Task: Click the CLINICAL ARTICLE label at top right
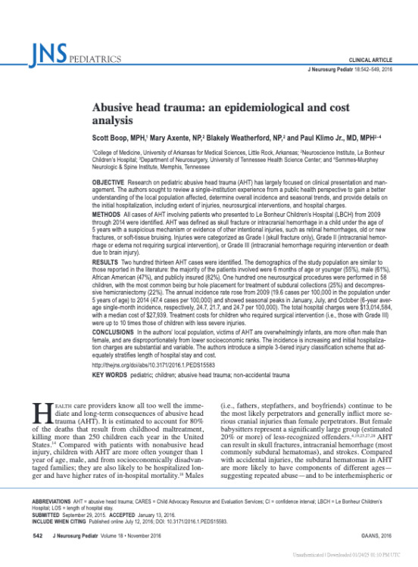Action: (x=371, y=59)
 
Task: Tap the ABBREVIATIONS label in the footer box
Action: (x=51, y=501)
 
